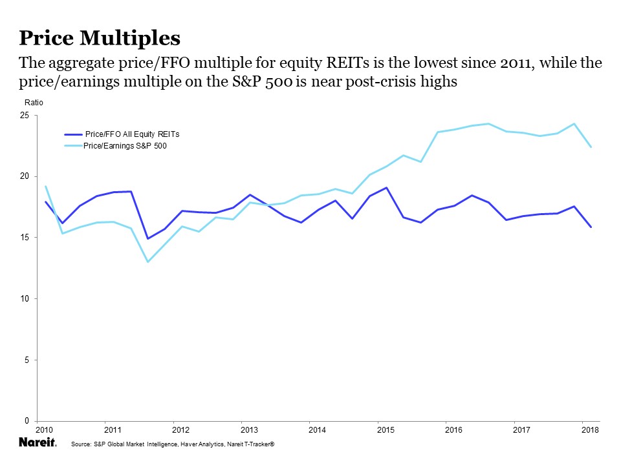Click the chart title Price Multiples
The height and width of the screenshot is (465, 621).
100,37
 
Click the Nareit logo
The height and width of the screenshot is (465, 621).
38,443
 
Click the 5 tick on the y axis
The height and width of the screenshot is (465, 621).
27,360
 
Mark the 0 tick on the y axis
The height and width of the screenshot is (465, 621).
27,421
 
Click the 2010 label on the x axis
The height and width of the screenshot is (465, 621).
44,430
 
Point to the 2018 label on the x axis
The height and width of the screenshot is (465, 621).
589,430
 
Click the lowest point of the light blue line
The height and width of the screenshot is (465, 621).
147,262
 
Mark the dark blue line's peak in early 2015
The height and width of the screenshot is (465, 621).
386,188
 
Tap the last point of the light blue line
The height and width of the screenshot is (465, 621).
591,147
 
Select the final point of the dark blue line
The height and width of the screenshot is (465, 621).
591,227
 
